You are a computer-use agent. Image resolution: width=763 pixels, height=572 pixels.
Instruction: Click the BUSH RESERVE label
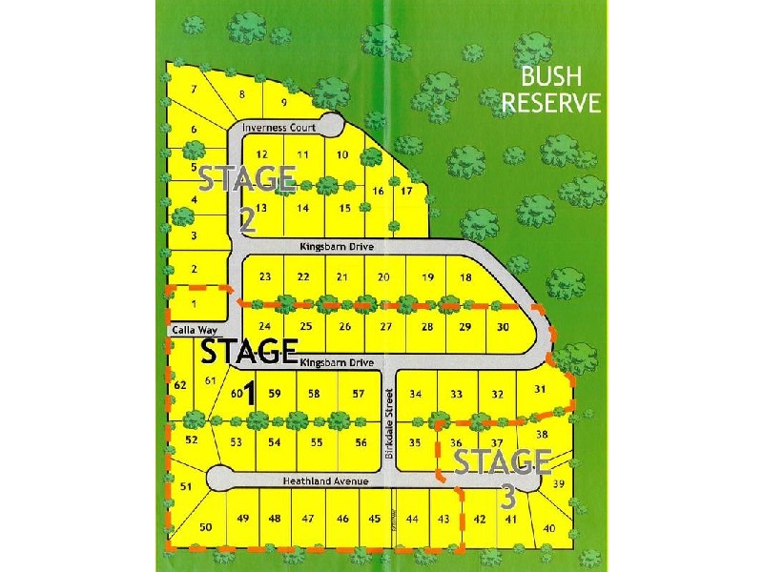point(552,90)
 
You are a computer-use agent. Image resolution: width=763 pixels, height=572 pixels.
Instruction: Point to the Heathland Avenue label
point(326,482)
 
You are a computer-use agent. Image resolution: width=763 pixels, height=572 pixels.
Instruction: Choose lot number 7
point(195,90)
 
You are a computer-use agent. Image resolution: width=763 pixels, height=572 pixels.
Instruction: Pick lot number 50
point(205,527)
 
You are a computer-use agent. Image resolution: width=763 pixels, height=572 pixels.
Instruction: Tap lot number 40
point(549,528)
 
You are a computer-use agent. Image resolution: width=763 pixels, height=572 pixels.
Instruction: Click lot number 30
point(504,327)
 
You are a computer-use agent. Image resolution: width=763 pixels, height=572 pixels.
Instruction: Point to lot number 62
point(179,385)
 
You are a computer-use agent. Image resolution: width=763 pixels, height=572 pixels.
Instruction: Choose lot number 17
point(406,191)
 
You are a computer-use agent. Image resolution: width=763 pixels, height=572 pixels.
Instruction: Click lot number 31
point(540,389)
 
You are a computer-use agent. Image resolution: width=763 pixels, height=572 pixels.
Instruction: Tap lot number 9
point(283,102)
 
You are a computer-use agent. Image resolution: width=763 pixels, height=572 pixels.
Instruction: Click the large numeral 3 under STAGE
point(507,498)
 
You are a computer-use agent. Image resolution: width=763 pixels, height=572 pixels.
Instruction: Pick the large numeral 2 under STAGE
point(247,222)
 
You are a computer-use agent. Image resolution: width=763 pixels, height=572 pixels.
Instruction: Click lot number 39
point(559,484)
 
